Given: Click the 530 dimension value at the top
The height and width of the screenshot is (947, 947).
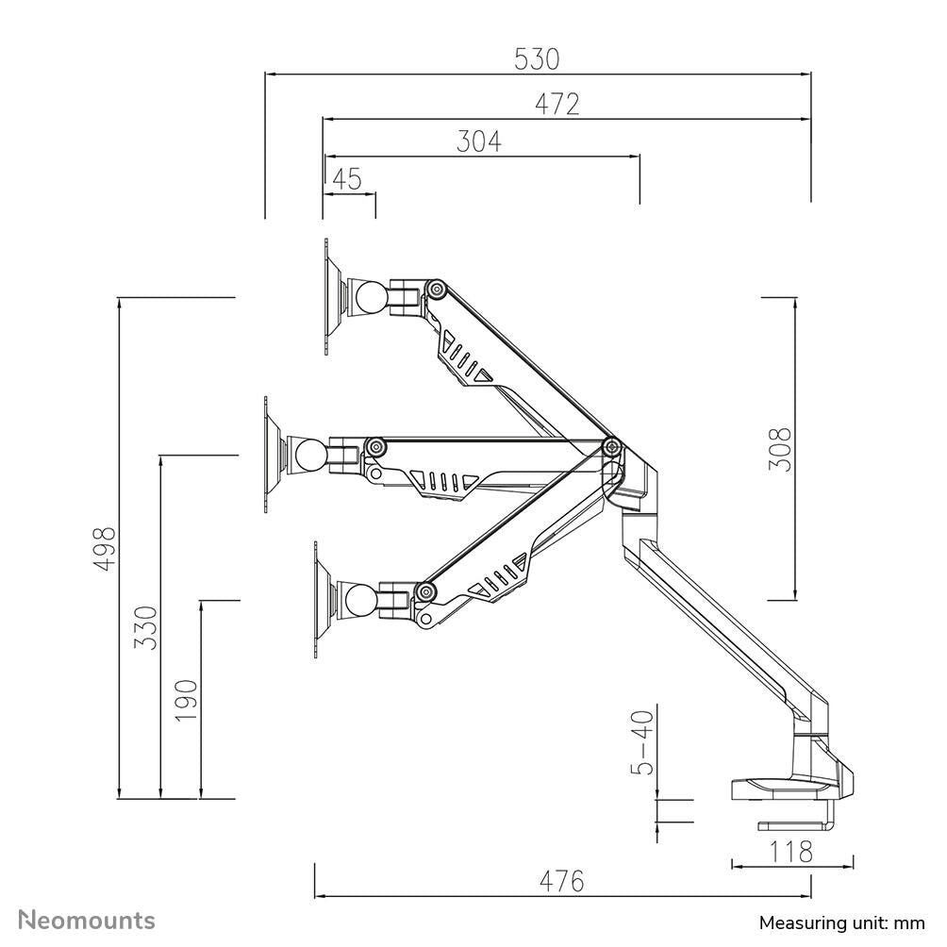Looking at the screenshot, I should [537, 59].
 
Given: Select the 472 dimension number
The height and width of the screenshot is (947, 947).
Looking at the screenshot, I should [557, 104].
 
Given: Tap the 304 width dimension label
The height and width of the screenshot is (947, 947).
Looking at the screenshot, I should [479, 141].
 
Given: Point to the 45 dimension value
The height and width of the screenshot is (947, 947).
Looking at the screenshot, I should [348, 179].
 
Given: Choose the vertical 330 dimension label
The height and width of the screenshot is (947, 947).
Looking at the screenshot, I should [145, 627].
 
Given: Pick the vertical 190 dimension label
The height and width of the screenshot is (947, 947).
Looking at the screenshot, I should [186, 700].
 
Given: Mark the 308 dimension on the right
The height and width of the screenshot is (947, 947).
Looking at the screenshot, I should [779, 449].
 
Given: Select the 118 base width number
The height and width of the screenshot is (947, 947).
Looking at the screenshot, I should [791, 852].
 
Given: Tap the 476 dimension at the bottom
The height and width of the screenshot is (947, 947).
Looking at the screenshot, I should [562, 882].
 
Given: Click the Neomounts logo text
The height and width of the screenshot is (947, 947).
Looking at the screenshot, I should [88, 920].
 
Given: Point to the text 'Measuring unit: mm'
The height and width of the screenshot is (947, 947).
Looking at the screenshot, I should [842, 922].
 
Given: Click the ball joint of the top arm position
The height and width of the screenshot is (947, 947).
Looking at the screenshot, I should [369, 298].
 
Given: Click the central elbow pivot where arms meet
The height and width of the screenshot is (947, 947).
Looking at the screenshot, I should [611, 446].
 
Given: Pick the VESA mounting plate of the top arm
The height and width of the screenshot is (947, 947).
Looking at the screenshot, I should [327, 297].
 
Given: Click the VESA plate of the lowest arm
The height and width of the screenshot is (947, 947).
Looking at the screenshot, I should [317, 600].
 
